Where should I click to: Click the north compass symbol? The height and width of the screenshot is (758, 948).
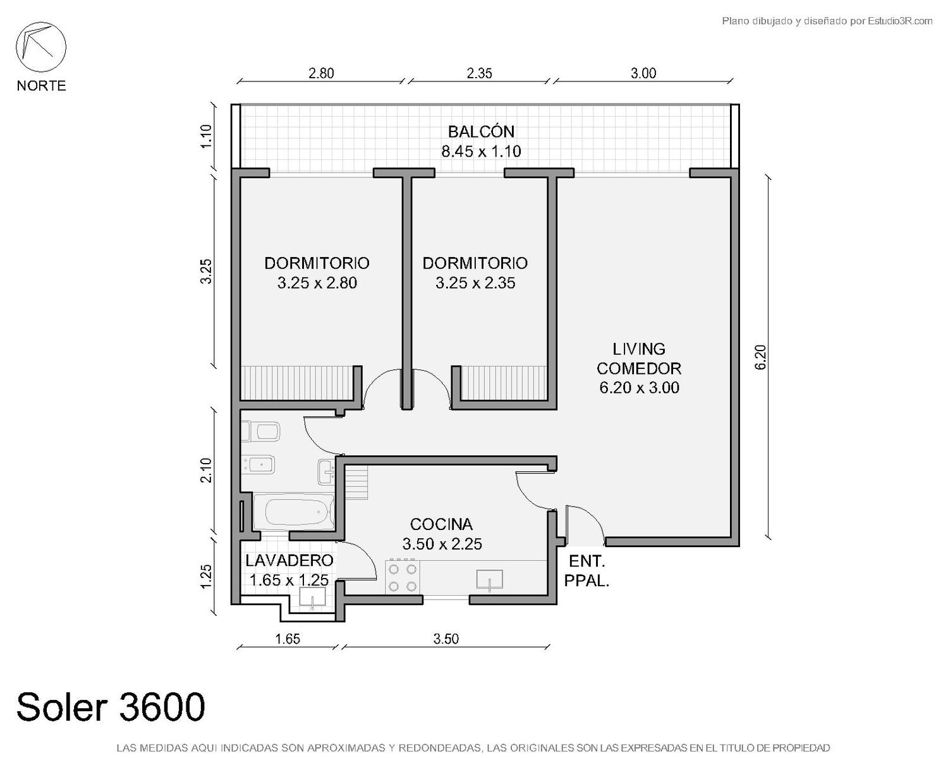pos(41,47)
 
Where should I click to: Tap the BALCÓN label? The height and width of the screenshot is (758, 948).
pos(481,131)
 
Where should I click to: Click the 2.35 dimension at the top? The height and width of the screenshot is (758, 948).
pos(479,73)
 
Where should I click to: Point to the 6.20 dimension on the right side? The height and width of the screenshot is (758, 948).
pos(760,357)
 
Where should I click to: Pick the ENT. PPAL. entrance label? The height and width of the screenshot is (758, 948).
pos(586,571)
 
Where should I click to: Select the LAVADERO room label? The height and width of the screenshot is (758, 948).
pos(289,561)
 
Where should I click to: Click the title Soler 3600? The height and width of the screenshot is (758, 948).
pos(111,707)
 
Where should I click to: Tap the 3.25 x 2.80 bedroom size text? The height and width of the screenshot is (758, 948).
pos(317,283)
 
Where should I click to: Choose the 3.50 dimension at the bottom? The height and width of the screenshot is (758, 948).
pos(446,639)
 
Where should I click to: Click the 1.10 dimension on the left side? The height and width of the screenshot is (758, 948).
pos(206,136)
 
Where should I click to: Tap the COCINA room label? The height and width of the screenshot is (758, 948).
pos(441,524)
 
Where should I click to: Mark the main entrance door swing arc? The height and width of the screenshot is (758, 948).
pos(590,520)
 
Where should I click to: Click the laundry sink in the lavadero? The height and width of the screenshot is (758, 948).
pos(312,597)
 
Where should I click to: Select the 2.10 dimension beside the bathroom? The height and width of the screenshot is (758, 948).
pos(206,471)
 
